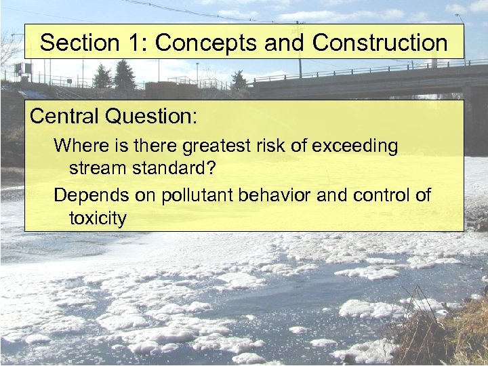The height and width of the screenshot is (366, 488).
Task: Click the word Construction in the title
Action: (380, 43)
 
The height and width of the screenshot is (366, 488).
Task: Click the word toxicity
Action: (98, 218)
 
